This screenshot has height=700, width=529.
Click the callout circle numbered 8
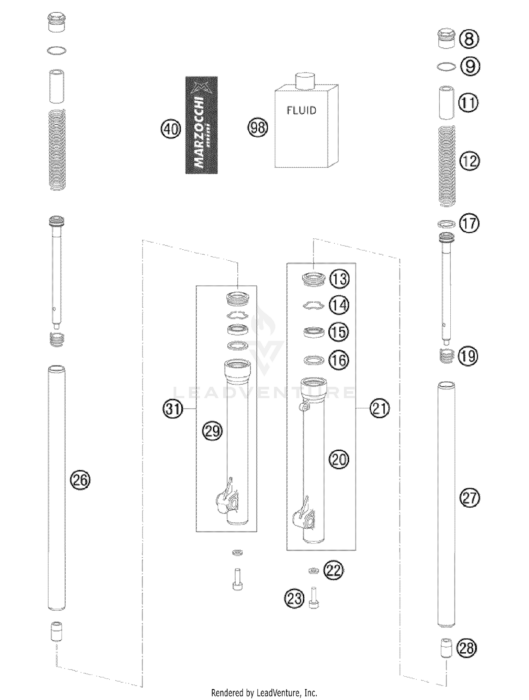pos(469,38)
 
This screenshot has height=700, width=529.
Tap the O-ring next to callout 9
pos(446,66)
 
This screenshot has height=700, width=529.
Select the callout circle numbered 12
pos(470,161)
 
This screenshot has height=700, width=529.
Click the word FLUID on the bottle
pos(302,111)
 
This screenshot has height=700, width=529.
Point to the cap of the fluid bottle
pos(304,80)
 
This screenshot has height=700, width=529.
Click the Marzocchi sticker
pos(201,125)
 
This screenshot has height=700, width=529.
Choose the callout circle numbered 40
pos(171,129)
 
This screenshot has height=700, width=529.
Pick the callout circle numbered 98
pos(258,127)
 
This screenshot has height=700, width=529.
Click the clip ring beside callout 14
pos(313,305)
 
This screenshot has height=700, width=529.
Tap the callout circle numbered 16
pos(339,360)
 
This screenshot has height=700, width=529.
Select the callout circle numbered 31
pos(172,409)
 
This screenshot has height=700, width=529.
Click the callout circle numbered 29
pos(212,431)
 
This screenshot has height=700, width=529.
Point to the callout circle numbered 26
pos(80,480)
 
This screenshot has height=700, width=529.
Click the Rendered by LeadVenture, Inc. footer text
pos(264,693)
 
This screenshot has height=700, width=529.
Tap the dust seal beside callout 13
pos(313,279)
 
